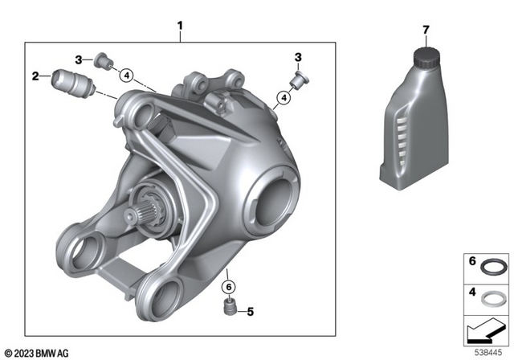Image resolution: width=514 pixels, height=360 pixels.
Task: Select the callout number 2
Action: click(x=35, y=76)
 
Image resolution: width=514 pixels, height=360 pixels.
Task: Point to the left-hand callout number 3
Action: click(x=80, y=59)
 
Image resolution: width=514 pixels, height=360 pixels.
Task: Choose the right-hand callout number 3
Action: click(x=298, y=58)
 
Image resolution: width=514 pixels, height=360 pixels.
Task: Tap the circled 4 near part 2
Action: click(x=125, y=76)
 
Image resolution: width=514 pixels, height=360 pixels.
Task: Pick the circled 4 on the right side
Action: click(x=282, y=99)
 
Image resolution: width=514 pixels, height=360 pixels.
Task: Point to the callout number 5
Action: click(x=250, y=311)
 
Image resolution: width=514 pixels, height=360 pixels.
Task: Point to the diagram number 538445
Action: click(x=488, y=351)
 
